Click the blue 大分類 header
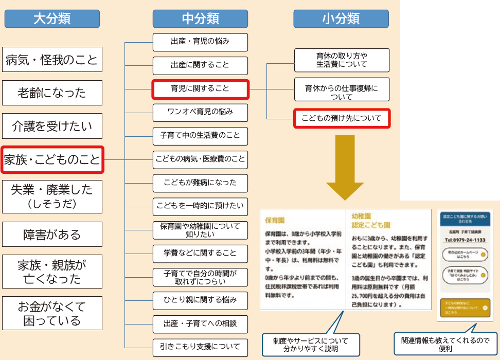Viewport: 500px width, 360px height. [x=52, y=19]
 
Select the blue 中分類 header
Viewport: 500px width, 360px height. [x=201, y=19]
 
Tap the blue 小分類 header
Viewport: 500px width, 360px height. [x=341, y=19]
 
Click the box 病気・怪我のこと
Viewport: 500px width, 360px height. [x=52, y=60]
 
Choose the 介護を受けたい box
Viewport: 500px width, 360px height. [x=52, y=127]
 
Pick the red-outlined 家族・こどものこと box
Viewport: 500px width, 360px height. [x=52, y=160]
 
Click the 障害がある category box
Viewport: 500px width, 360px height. [x=52, y=235]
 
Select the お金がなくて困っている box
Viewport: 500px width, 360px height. [x=52, y=313]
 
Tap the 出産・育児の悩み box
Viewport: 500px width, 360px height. [x=200, y=42]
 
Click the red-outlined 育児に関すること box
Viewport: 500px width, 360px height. [x=200, y=89]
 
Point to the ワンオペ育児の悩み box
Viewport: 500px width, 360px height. [x=200, y=112]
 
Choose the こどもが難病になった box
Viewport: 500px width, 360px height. [x=200, y=183]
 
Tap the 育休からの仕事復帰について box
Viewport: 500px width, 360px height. [x=342, y=92]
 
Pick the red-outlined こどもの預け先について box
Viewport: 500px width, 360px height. [x=342, y=119]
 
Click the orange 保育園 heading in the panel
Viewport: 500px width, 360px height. [x=275, y=220]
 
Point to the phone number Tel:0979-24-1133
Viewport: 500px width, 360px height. [x=465, y=240]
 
